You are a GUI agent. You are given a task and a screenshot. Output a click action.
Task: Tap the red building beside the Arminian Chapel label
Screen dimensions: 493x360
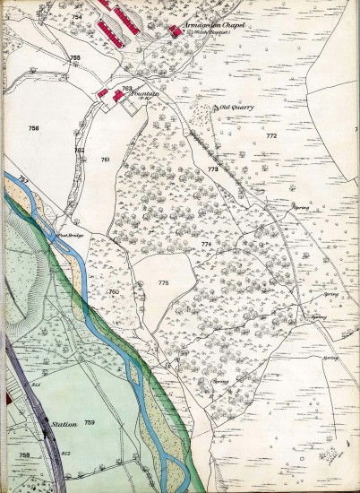coord(174,31)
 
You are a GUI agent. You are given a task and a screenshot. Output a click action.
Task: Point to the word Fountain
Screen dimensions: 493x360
coord(142,92)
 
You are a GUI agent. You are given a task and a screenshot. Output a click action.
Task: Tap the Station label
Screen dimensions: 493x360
coord(64,426)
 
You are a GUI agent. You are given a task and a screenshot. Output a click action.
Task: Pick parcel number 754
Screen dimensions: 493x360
coord(77,18)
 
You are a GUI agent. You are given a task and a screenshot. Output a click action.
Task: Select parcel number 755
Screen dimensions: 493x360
coord(75,58)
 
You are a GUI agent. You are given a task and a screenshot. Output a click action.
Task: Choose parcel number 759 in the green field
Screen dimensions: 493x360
coord(90,422)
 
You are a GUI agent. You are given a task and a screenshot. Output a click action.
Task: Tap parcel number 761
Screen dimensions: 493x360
coord(105,160)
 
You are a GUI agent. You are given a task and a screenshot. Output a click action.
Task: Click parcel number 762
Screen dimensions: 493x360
coord(80,150)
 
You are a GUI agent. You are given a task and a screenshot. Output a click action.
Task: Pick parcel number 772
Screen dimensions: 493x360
coord(271,136)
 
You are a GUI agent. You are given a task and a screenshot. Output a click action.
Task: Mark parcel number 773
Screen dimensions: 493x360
coord(212,169)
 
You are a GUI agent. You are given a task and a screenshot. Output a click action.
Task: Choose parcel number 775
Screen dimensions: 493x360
coord(163,282)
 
